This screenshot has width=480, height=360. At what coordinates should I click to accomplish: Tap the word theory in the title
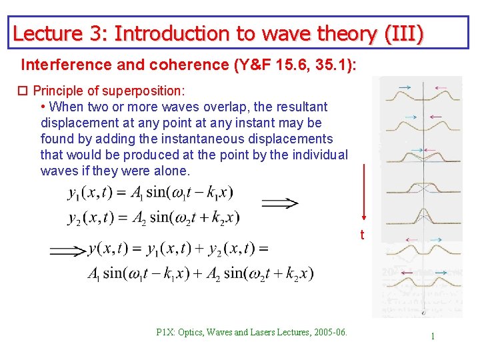[x=343, y=33]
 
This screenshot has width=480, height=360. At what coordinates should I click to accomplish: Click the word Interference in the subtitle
[x=60, y=65]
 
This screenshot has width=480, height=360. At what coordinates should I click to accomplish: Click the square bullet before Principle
[x=25, y=91]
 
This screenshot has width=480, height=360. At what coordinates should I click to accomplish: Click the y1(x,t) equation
[x=150, y=193]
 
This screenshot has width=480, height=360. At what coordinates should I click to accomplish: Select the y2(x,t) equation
[x=153, y=218]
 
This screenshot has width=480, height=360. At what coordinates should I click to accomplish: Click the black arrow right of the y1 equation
[x=279, y=203]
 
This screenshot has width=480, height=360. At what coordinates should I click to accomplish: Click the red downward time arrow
[x=364, y=193]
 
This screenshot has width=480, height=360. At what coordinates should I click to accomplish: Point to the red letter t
[x=362, y=235]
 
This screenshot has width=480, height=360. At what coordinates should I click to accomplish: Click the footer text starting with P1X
[x=251, y=332]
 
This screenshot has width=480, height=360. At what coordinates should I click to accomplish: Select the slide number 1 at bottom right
[x=433, y=336]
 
